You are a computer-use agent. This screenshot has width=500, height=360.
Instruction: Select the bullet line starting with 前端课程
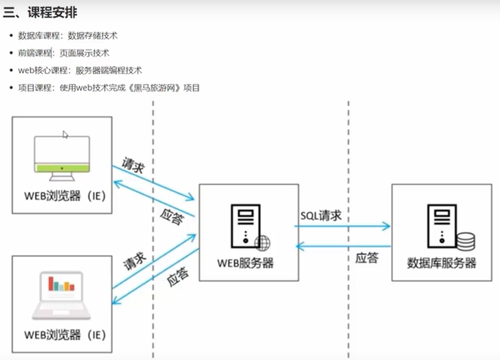click(64, 53)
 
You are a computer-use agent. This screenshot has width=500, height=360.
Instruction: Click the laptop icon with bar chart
click(62, 295)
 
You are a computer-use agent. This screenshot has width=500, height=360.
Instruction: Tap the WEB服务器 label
click(246, 263)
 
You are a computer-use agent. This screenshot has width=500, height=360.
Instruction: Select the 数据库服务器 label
click(441, 263)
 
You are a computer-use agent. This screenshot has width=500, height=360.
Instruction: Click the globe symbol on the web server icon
click(263, 242)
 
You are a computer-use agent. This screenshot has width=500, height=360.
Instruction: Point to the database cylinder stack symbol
click(465, 241)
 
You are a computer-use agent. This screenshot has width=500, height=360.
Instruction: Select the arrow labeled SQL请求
click(342, 226)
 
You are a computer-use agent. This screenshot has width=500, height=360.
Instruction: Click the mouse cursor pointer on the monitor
click(65, 135)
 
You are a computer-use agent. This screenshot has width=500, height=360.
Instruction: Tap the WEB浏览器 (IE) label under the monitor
click(65, 196)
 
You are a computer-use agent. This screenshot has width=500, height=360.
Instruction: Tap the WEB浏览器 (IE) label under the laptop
click(65, 335)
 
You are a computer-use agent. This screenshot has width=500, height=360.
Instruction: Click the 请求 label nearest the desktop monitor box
click(133, 166)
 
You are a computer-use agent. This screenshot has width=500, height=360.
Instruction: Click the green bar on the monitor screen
click(62, 168)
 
